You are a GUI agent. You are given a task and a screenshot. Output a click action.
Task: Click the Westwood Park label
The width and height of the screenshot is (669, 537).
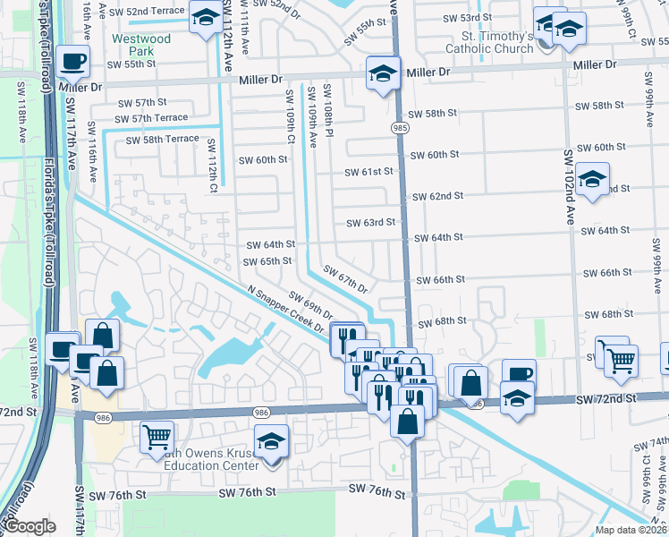pyautogui.click(x=141, y=45)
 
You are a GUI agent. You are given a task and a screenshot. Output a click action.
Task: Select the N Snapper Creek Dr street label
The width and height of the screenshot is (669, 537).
pyautogui.click(x=288, y=309)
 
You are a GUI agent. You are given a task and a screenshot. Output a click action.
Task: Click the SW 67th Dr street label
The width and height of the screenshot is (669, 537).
pyautogui.click(x=345, y=279)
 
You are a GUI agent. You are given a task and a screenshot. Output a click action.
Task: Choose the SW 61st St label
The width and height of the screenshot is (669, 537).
pyautogui.click(x=370, y=171)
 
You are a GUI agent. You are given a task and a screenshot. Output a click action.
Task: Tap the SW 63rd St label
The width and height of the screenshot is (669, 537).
pyautogui.click(x=371, y=223)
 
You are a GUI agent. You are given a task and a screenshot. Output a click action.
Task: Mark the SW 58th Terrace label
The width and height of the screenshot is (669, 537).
pyautogui.click(x=162, y=140)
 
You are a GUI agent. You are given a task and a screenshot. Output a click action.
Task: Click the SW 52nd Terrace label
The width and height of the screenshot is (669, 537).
pyautogui.click(x=150, y=10)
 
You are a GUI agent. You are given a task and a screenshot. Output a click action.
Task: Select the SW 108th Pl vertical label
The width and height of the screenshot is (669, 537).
pyautogui.click(x=328, y=109)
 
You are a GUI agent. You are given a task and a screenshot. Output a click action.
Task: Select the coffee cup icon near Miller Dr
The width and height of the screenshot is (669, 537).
pyautogui.click(x=72, y=62)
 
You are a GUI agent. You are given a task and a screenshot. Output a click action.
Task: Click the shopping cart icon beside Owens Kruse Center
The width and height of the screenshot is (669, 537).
pyautogui.click(x=157, y=437)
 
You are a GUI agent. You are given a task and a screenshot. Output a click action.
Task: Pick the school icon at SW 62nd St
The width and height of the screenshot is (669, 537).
pyautogui.click(x=591, y=179)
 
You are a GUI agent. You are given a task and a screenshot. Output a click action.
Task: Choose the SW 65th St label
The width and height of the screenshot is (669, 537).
pyautogui.click(x=267, y=261)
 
